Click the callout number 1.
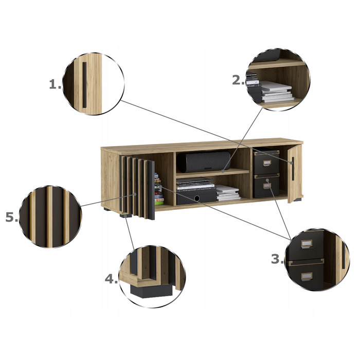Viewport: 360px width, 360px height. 55,84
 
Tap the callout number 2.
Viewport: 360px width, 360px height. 238,80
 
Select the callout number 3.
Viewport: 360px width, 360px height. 277,259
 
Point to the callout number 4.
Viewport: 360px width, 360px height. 111,279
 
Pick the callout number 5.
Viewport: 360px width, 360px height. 11,217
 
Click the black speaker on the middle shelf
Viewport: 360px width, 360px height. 204,161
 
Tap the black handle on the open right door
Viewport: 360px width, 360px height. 293,169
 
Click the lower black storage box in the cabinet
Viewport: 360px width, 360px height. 266,186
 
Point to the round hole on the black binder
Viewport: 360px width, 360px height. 197,199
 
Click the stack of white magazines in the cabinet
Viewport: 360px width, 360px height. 228,192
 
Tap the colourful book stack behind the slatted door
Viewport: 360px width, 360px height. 158,189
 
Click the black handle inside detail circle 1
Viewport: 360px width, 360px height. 84,85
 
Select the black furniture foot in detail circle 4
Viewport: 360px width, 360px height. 151,291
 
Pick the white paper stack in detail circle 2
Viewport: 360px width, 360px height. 277,92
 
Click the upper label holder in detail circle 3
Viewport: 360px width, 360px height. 307,244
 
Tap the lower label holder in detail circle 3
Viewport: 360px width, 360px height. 307,277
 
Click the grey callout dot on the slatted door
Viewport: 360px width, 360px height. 135,194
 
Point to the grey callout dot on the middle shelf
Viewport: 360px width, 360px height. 223,171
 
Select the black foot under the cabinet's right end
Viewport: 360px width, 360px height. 298,200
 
